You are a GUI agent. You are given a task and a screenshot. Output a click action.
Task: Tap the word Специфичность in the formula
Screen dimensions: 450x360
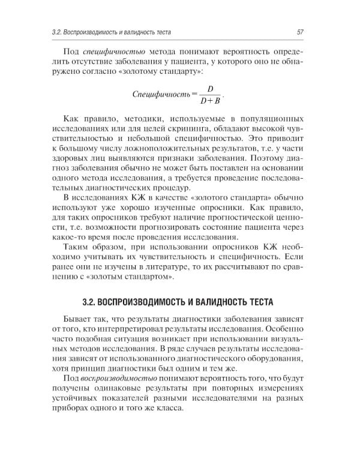[161, 93]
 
